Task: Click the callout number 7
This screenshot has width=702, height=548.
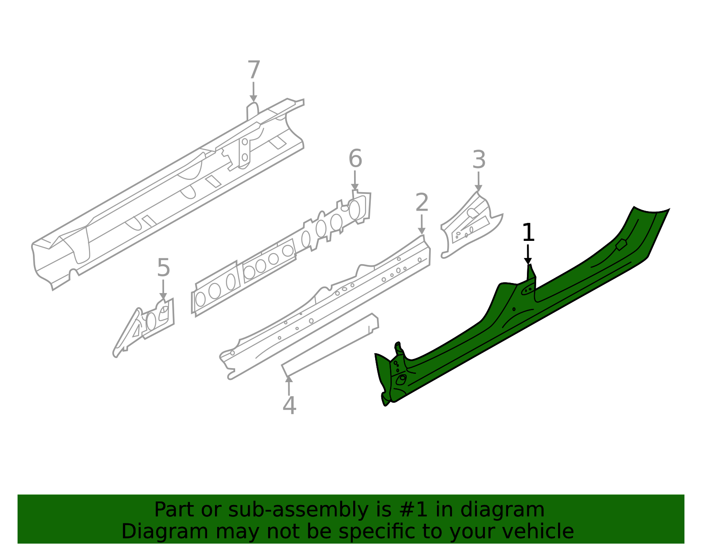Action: click(254, 70)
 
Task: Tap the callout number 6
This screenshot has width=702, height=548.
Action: click(355, 159)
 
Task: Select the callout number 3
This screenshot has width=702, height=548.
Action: click(479, 160)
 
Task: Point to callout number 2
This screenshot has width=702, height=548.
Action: click(422, 203)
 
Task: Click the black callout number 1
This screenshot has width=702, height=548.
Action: click(528, 233)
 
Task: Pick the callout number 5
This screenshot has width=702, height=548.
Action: click(163, 268)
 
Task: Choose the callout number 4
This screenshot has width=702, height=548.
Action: click(289, 406)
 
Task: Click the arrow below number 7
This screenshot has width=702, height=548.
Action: click(253, 93)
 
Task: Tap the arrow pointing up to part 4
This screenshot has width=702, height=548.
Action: click(289, 385)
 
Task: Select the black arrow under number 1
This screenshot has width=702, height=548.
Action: click(528, 255)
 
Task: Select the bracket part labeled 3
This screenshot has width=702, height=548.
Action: click(469, 224)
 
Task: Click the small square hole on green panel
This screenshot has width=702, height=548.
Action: click(621, 245)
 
